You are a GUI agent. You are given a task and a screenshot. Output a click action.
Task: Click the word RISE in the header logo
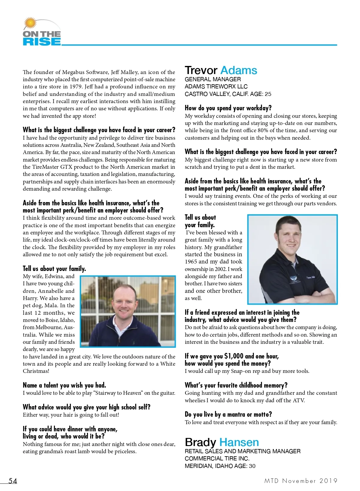[42, 41]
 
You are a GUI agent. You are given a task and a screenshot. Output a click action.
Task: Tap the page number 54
[13, 481]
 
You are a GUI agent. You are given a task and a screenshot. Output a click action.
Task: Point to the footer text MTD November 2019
[301, 481]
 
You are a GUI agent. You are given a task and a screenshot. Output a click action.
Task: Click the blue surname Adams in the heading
[238, 70]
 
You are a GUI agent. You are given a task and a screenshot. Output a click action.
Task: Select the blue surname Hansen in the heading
[239, 442]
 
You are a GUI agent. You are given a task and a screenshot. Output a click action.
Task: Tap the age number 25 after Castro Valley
[268, 94]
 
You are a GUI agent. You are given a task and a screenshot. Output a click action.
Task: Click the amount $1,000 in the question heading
[234, 356]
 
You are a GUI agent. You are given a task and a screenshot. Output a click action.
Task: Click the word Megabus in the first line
[73, 72]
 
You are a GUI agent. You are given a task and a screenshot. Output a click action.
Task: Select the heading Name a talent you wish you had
[64, 385]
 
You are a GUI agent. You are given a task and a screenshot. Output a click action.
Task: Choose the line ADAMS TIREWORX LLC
[216, 87]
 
